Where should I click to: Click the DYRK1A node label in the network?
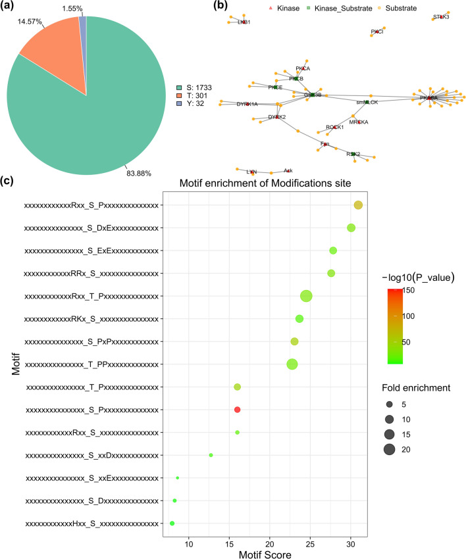(x=247, y=104)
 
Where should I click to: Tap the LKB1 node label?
(x=244, y=22)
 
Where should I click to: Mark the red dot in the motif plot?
(x=238, y=410)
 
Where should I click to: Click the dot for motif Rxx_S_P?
(x=358, y=205)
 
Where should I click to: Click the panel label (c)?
(x=9, y=180)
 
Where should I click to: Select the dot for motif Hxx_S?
(x=172, y=523)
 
